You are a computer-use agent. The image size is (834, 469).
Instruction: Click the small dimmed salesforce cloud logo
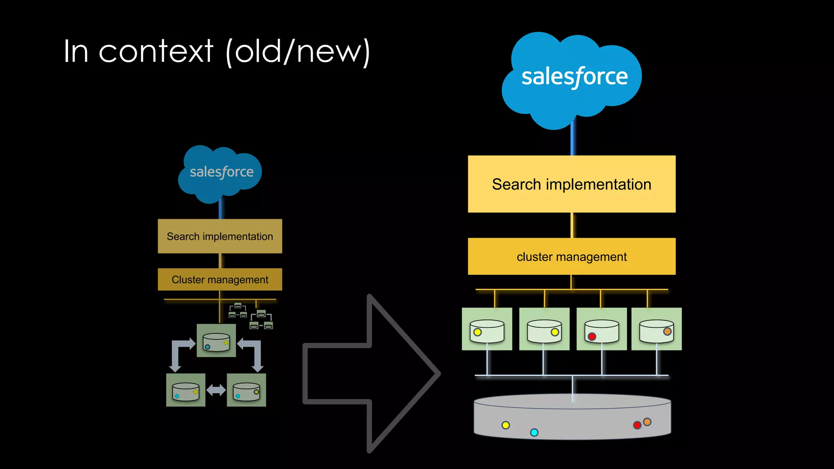[220, 173]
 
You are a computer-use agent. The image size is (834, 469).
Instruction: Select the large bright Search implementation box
[571, 184]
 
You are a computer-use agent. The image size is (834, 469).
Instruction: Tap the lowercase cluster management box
[571, 256]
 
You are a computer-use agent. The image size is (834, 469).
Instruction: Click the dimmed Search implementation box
[220, 236]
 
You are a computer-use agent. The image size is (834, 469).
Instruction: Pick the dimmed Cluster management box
[220, 279]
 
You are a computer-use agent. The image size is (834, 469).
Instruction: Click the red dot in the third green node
[592, 336]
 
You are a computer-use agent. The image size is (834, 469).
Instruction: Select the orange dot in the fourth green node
[667, 331]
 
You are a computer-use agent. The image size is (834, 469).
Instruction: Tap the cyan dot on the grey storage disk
[534, 432]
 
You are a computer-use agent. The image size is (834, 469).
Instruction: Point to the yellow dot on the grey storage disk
[505, 425]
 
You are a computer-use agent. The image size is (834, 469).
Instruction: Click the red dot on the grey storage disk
[637, 425]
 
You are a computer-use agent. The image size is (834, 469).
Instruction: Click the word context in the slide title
[156, 52]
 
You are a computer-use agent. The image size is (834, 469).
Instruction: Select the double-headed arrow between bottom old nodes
[216, 390]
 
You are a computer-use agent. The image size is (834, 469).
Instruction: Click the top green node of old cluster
[216, 341]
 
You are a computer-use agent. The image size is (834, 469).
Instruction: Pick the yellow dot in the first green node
[477, 332]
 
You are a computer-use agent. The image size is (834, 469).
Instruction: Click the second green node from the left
[544, 329]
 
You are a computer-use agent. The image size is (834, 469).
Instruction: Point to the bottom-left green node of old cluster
[186, 390]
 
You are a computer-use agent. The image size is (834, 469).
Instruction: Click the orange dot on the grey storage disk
[647, 422]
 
